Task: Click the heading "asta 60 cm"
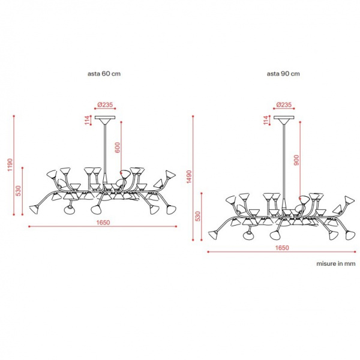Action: click(104, 74)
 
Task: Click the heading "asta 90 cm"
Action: click(283, 74)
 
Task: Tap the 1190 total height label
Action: click(10, 164)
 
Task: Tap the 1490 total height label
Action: click(189, 177)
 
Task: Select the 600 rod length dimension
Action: click(118, 148)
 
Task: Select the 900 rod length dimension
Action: click(296, 160)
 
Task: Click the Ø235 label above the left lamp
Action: click(105, 104)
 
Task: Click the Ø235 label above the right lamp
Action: click(284, 104)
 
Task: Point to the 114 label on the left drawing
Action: click(87, 121)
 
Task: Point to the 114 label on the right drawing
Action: click(266, 121)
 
